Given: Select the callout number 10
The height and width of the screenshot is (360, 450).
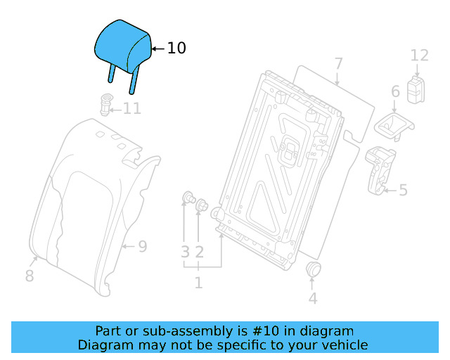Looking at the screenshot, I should click(176, 48).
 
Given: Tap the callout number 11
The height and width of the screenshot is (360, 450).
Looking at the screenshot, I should click(132, 108).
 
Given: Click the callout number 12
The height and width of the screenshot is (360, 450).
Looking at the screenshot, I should click(419, 55).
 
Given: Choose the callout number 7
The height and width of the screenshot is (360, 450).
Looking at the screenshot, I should click(338, 64).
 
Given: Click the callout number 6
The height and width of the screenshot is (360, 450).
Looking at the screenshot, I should click(395, 91).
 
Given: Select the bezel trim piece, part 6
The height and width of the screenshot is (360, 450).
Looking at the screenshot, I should click(392, 125).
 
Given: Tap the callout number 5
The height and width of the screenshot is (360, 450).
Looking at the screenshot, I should click(403, 189).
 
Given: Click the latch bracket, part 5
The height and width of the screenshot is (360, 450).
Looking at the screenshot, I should click(380, 169).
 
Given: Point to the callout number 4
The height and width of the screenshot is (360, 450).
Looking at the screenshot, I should click(313, 298).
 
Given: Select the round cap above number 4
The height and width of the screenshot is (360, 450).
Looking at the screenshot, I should click(313, 269).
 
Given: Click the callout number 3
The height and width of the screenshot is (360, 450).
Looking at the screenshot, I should click(185, 251).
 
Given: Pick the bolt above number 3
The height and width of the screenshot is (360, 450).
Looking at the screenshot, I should click(188, 197).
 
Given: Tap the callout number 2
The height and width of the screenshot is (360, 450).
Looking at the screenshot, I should click(200, 251).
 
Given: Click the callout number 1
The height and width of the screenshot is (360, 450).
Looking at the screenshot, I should click(198, 283).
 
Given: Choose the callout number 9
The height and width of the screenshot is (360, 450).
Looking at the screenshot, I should click(142, 246).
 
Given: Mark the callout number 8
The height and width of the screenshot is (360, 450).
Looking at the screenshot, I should click(29, 276).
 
